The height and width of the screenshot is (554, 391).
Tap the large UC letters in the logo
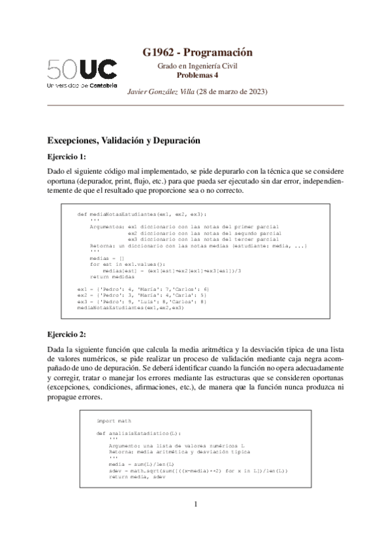pos(99,69)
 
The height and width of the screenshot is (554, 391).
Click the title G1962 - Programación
pos(196,53)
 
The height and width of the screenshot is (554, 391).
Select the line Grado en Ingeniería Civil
pos(196,67)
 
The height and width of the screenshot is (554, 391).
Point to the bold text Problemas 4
pos(196,75)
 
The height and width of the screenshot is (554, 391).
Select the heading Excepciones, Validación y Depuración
pos(123,140)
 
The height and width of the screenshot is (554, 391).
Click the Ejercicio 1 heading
pos(67,157)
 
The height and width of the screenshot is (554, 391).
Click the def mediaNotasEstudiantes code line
pos(141,214)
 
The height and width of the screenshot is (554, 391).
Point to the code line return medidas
pos(112,276)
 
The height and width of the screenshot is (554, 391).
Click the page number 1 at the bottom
pos(196,522)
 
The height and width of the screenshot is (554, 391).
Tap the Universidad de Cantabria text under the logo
pos(82,85)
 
